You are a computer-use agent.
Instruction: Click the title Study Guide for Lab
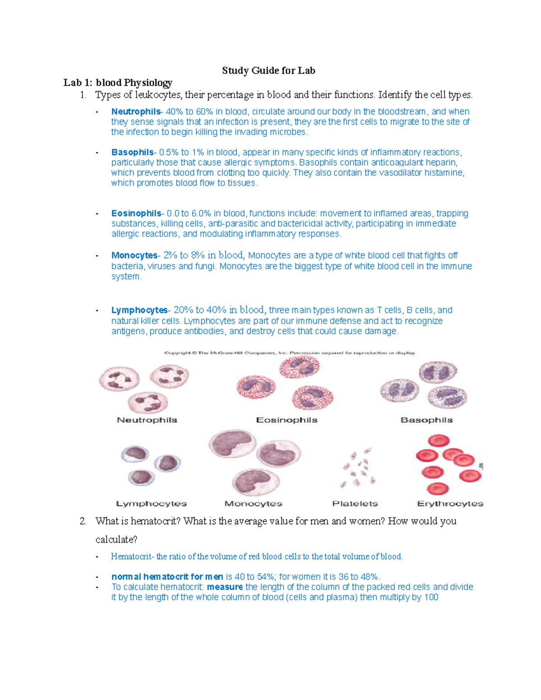(x=268, y=70)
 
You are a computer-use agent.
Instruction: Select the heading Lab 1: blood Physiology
(x=118, y=82)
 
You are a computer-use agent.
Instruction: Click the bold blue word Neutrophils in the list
(x=136, y=111)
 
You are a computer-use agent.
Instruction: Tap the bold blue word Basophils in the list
(x=132, y=152)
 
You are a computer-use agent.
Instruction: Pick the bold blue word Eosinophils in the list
(x=136, y=213)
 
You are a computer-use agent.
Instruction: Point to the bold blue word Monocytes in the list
(x=134, y=256)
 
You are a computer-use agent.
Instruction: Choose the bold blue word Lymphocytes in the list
(x=139, y=310)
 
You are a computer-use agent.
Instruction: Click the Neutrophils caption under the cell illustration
(x=147, y=420)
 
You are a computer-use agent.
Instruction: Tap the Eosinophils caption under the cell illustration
(x=287, y=420)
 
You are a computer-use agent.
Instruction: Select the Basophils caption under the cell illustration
(x=426, y=420)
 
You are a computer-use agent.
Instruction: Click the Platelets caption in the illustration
(x=355, y=503)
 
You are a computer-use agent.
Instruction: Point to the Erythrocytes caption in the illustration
(x=450, y=503)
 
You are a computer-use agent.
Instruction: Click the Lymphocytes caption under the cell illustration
(x=151, y=503)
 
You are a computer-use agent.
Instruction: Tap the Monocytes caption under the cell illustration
(x=253, y=503)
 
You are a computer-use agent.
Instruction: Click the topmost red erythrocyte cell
(x=438, y=441)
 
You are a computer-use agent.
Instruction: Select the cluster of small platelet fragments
(x=358, y=468)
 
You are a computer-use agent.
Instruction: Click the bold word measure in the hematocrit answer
(x=225, y=587)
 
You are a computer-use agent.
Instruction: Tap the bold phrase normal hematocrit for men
(x=167, y=576)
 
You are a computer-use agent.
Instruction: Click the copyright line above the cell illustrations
(x=290, y=353)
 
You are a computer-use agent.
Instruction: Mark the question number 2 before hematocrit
(x=83, y=521)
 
